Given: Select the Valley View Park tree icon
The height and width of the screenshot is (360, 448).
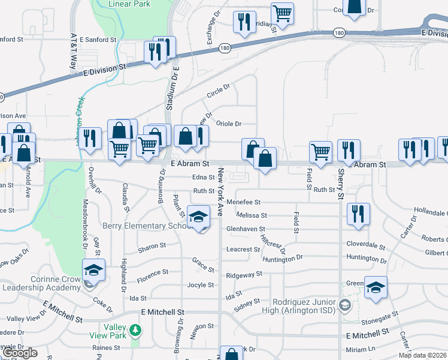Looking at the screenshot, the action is pyautogui.click(x=136, y=330).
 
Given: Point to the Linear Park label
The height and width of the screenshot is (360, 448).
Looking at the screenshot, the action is pyautogui.click(x=129, y=4).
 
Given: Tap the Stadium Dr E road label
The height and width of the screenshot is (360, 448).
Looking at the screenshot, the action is pyautogui.click(x=172, y=88).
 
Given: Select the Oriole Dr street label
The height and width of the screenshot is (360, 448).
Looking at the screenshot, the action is pyautogui.click(x=228, y=124).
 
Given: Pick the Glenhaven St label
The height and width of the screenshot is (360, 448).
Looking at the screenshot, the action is pyautogui.click(x=246, y=229).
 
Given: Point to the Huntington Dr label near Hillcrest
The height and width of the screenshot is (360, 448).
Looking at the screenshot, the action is pyautogui.click(x=283, y=259).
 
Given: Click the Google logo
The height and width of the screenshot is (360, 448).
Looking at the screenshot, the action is pyautogui.click(x=20, y=353).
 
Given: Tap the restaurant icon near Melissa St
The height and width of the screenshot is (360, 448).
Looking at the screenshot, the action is pyautogui.click(x=358, y=214).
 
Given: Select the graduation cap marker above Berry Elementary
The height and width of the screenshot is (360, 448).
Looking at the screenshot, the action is pyautogui.click(x=199, y=216).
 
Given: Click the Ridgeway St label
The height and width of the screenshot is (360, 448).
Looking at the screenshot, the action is pyautogui.click(x=244, y=275).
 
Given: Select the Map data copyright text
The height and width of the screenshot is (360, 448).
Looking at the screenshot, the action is pyautogui.click(x=423, y=355).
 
